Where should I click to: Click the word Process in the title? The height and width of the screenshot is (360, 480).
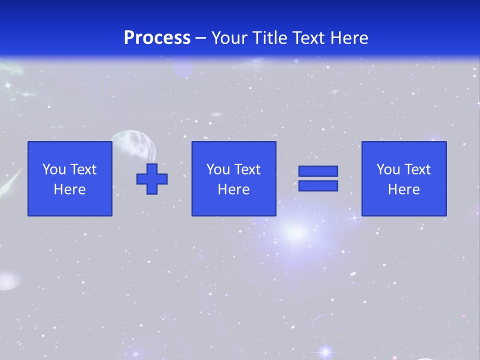pos(157,38)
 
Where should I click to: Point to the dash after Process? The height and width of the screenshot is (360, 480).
pos(200,38)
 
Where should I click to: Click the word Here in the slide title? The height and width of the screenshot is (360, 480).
pos(348,38)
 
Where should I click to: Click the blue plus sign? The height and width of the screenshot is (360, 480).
pos(152,178)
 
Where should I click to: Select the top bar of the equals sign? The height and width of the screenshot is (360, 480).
pos(318,171)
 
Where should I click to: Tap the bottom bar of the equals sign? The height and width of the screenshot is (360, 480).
pos(318,186)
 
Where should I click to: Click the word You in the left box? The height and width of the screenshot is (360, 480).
pos(53,169)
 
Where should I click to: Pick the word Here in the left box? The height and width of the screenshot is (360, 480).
pos(69,189)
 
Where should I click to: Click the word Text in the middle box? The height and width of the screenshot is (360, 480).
pos(246,169)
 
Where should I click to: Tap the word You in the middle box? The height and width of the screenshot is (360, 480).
pos(218,169)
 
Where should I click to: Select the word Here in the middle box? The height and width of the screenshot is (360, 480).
pos(233,189)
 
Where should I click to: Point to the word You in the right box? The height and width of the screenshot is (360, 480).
pos(388,169)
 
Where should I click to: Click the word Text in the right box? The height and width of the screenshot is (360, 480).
pos(416,169)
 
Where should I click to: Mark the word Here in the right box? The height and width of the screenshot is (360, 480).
pos(403,189)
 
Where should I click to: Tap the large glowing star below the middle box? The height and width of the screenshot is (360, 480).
pos(296,232)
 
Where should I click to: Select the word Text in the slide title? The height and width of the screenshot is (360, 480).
pos(305,38)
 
